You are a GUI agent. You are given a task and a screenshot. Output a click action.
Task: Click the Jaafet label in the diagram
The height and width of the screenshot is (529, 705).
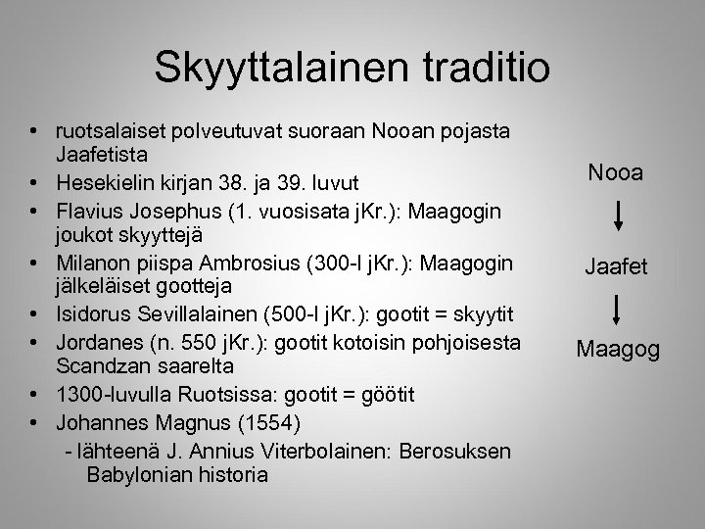coord(616,265)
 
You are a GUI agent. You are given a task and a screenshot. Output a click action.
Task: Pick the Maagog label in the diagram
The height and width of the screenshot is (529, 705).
coord(617,349)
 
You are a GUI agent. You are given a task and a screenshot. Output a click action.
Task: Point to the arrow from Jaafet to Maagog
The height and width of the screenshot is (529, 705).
coord(616,309)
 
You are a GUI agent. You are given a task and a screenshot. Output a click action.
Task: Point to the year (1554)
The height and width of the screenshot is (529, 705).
coord(279,424)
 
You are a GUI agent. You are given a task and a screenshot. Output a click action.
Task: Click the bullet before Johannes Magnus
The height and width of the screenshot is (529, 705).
coord(34,424)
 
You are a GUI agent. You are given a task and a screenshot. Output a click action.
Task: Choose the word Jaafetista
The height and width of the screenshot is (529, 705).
coord(103,155)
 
